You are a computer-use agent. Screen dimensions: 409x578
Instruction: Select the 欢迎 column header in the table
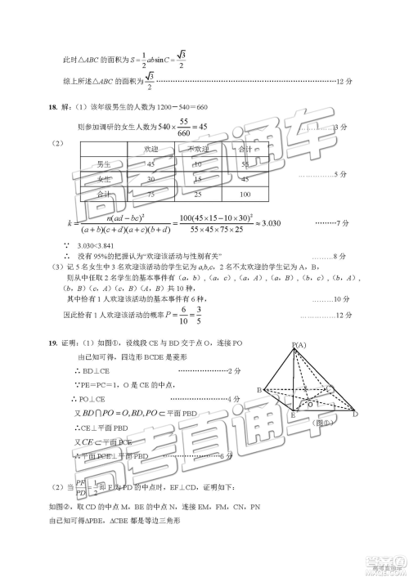[x=150, y=148]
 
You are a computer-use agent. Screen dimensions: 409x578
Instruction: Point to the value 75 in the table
[x=150, y=195]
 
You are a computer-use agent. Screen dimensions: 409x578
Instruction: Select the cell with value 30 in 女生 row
[x=150, y=179]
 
